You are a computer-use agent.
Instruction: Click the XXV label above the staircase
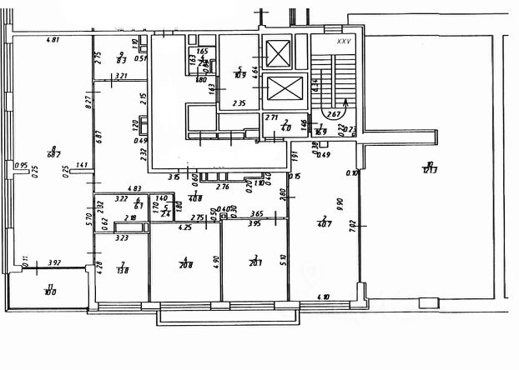tap(342, 40)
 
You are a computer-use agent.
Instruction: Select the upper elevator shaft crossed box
tap(278, 54)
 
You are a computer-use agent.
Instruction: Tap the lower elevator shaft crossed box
tap(278, 89)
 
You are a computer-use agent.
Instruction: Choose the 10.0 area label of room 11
tap(48, 292)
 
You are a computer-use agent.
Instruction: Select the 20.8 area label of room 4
tap(185, 265)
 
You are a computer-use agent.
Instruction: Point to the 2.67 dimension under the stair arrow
tap(333, 114)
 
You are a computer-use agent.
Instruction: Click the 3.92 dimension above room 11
tap(55, 262)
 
